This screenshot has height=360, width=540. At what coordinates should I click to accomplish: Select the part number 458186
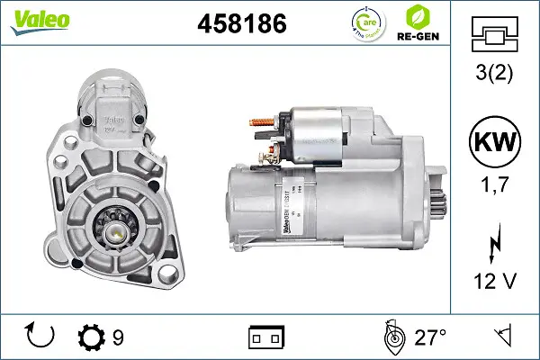click(241, 24)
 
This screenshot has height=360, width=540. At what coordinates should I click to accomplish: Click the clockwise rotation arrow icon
click(41, 337)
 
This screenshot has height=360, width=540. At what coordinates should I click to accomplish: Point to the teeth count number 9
click(118, 338)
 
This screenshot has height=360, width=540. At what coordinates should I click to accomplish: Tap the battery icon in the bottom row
click(265, 338)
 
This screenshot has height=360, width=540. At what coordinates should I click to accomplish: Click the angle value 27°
click(431, 338)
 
